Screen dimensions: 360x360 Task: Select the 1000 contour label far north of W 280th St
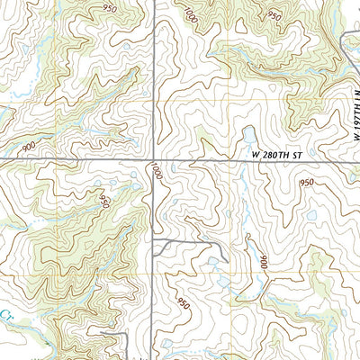191,15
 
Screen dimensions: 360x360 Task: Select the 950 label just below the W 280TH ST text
308,183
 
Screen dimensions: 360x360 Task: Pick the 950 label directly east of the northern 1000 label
274,17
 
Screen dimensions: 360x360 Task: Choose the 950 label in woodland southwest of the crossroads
104,200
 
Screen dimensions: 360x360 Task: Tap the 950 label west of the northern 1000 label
111,8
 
